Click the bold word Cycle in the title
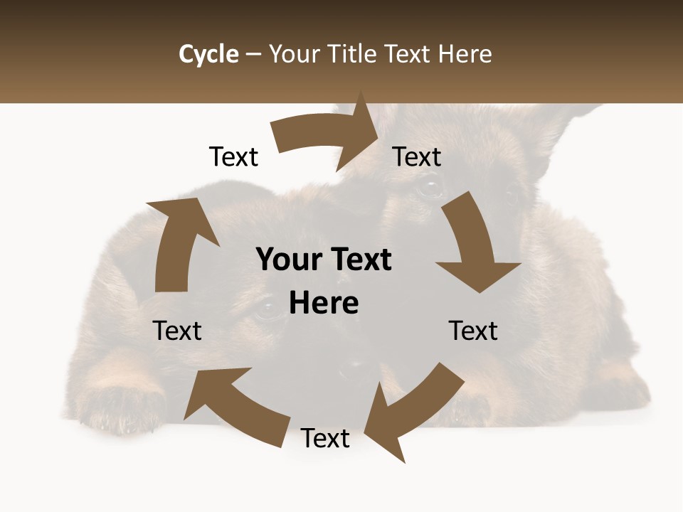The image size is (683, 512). [208, 54]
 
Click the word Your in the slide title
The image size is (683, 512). [296, 54]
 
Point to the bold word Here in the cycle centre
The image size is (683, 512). [324, 303]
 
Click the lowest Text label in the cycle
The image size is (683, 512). [325, 439]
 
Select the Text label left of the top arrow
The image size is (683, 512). [233, 157]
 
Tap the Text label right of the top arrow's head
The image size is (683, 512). [417, 157]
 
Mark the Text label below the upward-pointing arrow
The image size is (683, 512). [177, 331]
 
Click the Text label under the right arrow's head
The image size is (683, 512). [473, 331]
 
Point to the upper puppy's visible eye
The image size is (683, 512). [429, 188]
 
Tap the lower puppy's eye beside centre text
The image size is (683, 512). [268, 309]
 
